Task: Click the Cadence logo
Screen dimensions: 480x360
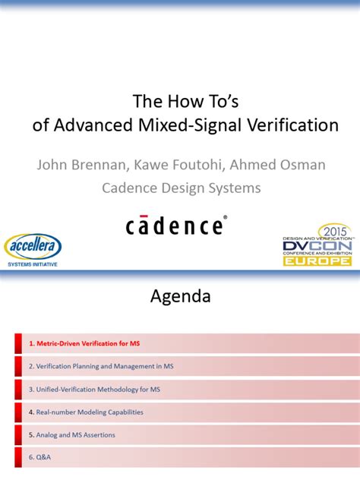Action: coord(175,226)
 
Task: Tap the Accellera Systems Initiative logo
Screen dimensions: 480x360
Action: coord(33,250)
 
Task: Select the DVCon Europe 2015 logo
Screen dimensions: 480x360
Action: coord(317,245)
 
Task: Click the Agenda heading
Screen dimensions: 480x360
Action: coord(180,295)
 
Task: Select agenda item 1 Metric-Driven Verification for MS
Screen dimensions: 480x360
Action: coord(84,344)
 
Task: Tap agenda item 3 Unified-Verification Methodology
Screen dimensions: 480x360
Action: coord(94,390)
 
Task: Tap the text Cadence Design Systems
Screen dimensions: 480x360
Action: coord(182,188)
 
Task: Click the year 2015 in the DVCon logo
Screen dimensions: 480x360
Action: coord(331,231)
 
